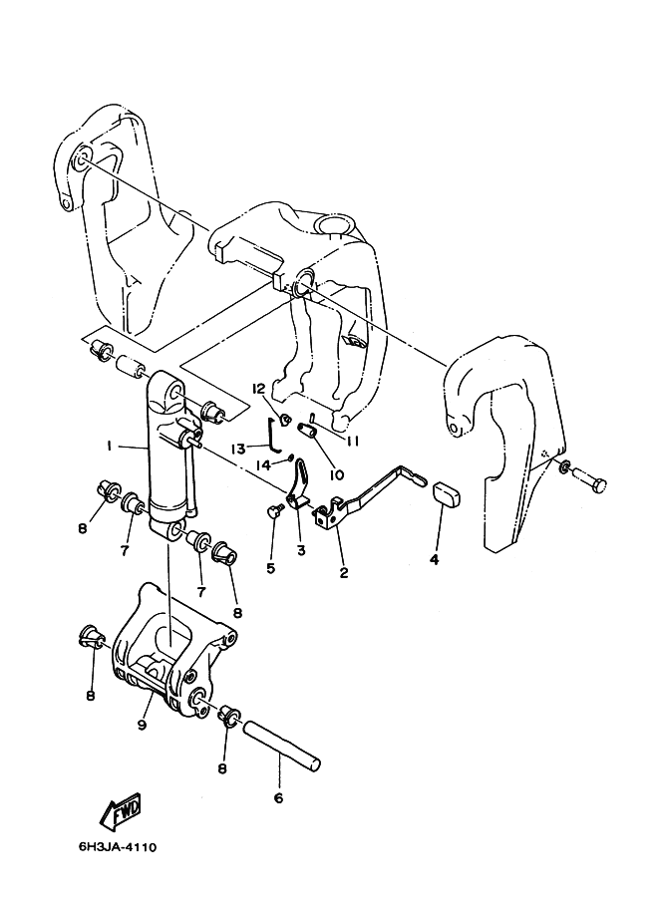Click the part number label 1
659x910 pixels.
109,446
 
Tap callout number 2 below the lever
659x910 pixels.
344,572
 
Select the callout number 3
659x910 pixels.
301,550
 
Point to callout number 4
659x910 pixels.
435,559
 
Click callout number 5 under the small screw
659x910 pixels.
270,567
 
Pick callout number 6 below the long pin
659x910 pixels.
278,798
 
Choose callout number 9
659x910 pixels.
143,725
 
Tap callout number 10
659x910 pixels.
337,474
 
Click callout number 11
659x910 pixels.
353,442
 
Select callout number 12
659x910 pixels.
258,387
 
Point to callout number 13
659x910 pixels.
239,449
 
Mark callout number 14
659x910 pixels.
263,464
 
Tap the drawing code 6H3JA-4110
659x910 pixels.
118,847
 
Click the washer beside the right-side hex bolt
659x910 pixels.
562,465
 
